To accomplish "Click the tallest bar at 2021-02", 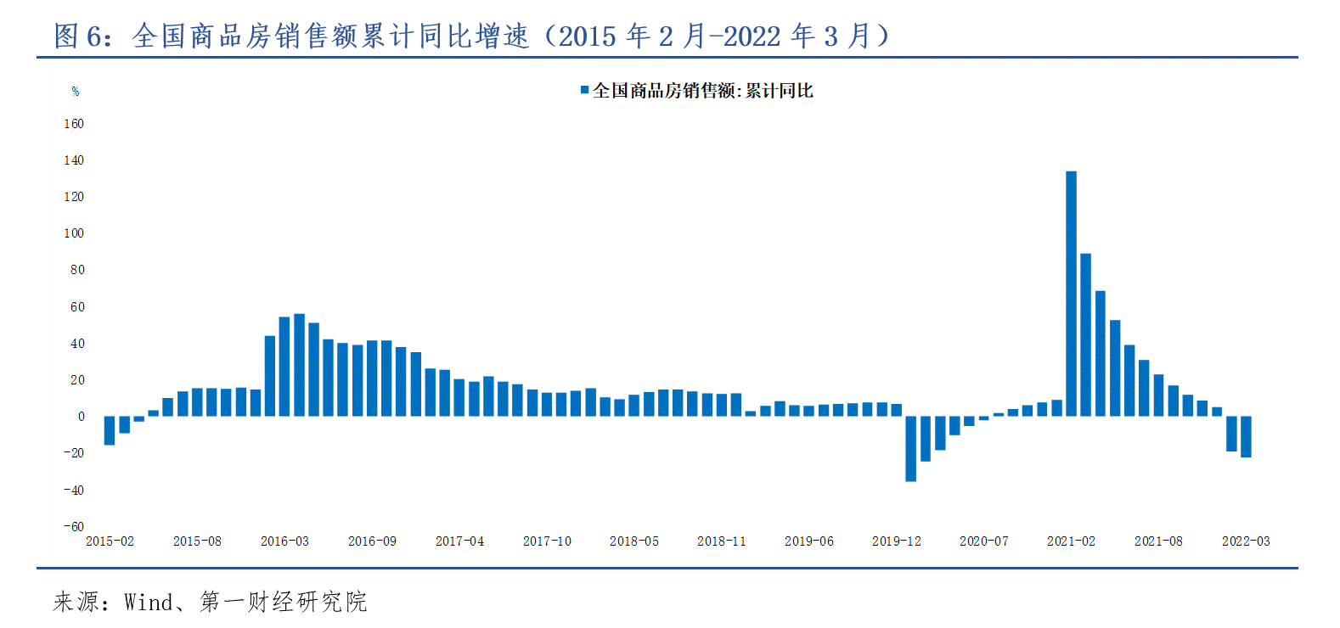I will (x=1071, y=294).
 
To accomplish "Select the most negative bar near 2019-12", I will (x=910, y=448).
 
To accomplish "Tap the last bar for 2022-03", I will (x=1246, y=436).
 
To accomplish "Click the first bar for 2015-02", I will (x=110, y=430).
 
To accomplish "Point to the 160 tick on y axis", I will (x=74, y=124).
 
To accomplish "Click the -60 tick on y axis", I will (x=74, y=527).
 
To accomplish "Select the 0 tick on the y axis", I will (x=81, y=417).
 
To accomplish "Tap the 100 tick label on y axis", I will (x=74, y=233).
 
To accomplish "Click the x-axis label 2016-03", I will (x=284, y=541).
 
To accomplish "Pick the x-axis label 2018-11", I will (x=721, y=541).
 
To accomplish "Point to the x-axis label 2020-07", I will (x=983, y=541).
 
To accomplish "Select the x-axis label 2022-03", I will (x=1246, y=541).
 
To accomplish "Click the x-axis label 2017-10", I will (x=547, y=541).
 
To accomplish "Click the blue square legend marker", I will (x=584, y=90).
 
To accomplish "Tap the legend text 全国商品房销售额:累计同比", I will (x=702, y=91).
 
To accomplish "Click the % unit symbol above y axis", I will (x=76, y=92).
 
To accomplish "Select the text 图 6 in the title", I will (x=81, y=36).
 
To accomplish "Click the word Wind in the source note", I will (x=148, y=603).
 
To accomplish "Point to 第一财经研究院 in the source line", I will (x=283, y=603).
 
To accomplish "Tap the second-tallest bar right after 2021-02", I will (x=1085, y=334).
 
